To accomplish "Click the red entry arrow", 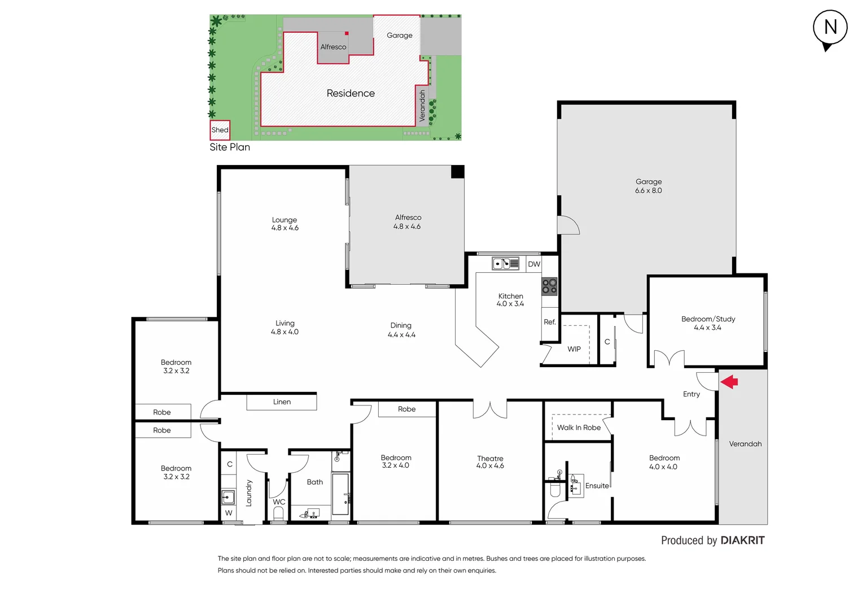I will pyautogui.click(x=729, y=382).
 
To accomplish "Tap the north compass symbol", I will pyautogui.click(x=830, y=28).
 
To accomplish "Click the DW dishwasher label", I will pyautogui.click(x=534, y=264).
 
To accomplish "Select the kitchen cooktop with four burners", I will pyautogui.click(x=549, y=286).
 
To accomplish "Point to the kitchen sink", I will pyautogui.click(x=505, y=264).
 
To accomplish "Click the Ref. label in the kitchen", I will pyautogui.click(x=550, y=322).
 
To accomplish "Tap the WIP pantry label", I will pyautogui.click(x=574, y=349).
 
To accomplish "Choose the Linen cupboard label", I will pyautogui.click(x=282, y=402).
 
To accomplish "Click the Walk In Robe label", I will pyautogui.click(x=579, y=428).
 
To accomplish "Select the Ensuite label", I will pyautogui.click(x=597, y=486).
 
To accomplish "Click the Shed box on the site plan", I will pyautogui.click(x=220, y=130).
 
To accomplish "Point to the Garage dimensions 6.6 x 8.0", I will pyautogui.click(x=648, y=191).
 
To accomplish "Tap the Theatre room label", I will pyautogui.click(x=490, y=459).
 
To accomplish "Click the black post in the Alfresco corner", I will pyautogui.click(x=457, y=172).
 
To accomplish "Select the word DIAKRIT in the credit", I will pyautogui.click(x=742, y=541).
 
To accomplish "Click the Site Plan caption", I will pyautogui.click(x=230, y=147).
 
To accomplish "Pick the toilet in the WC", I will pyautogui.click(x=278, y=513).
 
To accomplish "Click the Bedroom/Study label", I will pyautogui.click(x=708, y=319).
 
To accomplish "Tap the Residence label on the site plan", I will pyautogui.click(x=351, y=94).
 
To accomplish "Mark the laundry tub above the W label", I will pyautogui.click(x=228, y=497).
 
